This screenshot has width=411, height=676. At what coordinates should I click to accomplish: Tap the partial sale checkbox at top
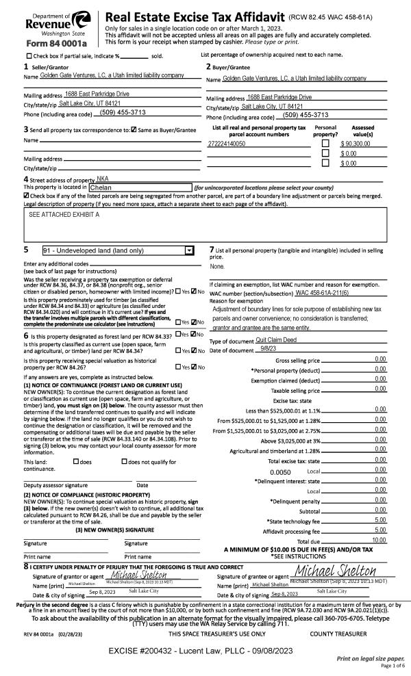click(x=29, y=56)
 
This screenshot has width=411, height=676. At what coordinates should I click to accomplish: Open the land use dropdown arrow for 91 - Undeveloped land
click(x=189, y=250)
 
